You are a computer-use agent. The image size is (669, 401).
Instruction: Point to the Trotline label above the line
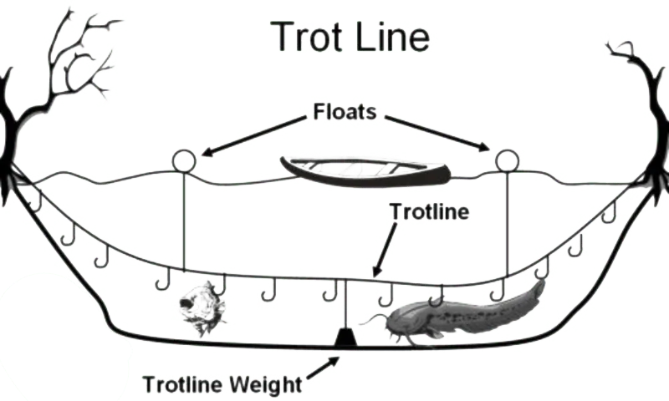click(429, 213)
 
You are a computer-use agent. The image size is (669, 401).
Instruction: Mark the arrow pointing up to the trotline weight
click(326, 366)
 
